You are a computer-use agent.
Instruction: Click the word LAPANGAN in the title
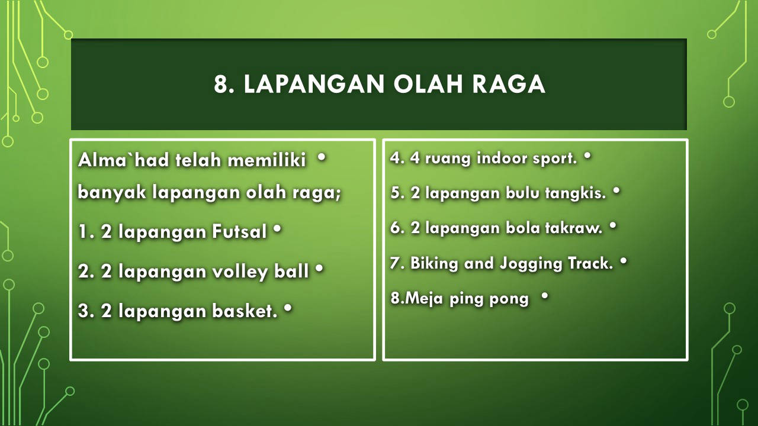tap(314, 84)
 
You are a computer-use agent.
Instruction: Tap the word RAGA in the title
tap(509, 84)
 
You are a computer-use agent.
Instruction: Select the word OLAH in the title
tap(428, 84)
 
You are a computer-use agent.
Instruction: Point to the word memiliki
tap(267, 160)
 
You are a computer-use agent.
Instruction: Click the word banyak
tap(112, 193)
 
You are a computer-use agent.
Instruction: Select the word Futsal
tap(240, 232)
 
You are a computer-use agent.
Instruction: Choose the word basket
tap(245, 311)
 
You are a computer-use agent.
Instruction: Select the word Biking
tap(434, 264)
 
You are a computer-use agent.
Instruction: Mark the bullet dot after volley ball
tap(319, 269)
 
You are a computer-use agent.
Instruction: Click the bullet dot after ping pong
tap(545, 295)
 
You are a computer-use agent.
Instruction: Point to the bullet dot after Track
tap(624, 261)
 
